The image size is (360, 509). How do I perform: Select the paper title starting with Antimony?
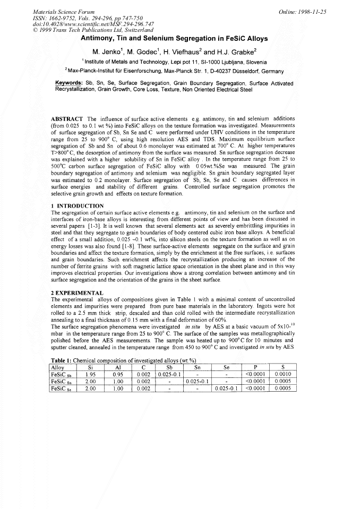click(174, 39)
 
